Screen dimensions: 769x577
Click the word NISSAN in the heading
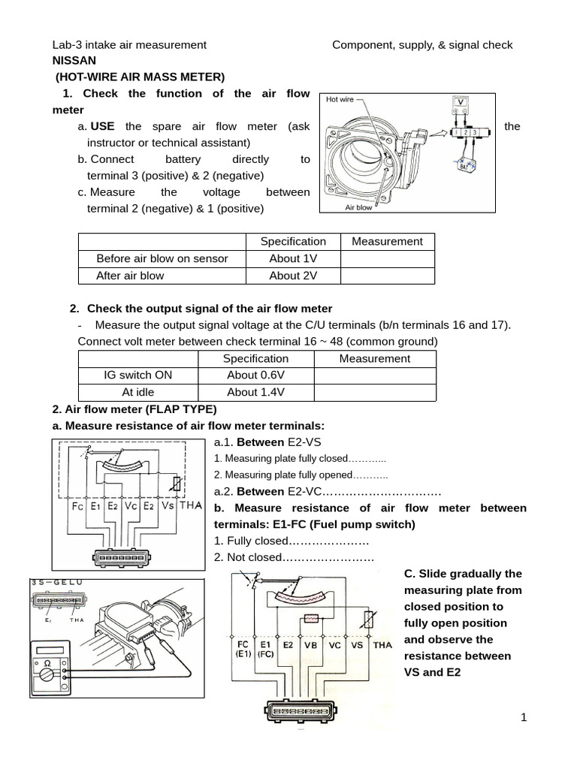click(x=74, y=61)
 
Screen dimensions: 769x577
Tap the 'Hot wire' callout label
click(x=340, y=99)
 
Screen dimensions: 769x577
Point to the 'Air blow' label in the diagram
click(x=358, y=207)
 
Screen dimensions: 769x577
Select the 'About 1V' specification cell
click(x=293, y=258)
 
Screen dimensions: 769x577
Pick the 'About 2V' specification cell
click(x=293, y=276)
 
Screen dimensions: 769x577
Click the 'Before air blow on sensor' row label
click(x=162, y=258)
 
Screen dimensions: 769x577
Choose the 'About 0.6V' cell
click(x=255, y=375)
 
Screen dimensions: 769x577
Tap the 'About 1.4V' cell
click(x=255, y=392)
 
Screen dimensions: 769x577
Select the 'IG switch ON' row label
click(x=137, y=375)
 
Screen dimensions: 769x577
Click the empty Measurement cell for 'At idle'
click(x=374, y=392)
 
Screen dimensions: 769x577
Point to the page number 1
click(x=525, y=718)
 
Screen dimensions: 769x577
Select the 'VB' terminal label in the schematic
click(x=310, y=644)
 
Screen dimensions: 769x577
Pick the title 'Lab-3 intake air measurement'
click(x=129, y=45)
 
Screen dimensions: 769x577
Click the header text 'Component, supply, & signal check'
click(x=422, y=45)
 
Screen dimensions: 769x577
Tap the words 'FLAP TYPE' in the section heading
click(x=182, y=409)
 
